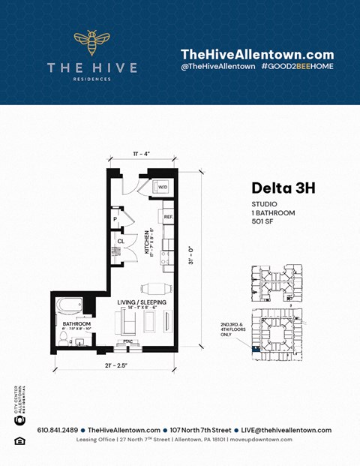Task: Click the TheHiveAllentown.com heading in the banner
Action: coord(256,54)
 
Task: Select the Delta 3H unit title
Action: coord(283,187)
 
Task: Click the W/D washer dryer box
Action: coord(162,187)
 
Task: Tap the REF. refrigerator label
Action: coord(169,216)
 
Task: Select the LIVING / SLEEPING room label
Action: coord(137,302)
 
